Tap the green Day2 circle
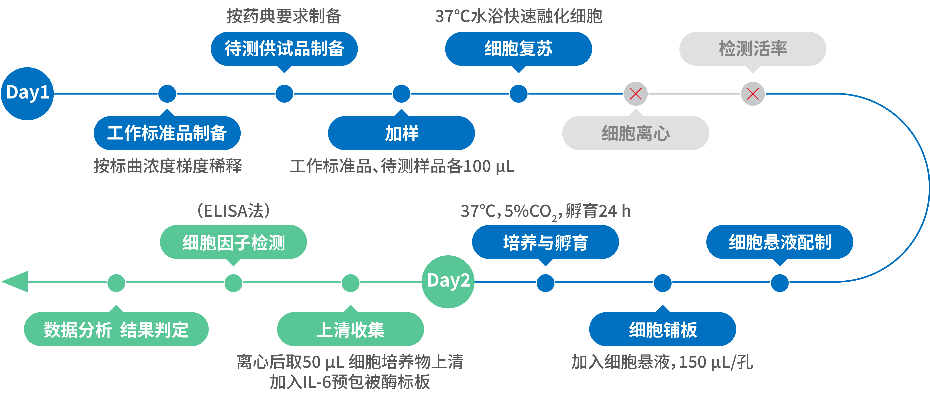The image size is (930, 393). click(448, 282)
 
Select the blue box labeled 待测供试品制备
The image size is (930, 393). click(284, 49)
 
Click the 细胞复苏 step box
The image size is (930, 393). click(518, 49)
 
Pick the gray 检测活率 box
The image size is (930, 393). click(753, 49)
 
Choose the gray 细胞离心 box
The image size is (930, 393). click(635, 133)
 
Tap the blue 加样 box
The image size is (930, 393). click(401, 133)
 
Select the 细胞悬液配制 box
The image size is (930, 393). click(779, 242)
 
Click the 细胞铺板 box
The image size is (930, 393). click(662, 329)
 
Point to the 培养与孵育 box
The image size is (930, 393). click(545, 242)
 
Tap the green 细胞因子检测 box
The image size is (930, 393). click(233, 242)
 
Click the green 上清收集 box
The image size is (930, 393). click(350, 329)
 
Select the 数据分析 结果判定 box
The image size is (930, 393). click(116, 329)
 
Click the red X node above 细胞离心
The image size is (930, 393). click(635, 94)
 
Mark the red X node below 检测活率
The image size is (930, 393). click(753, 94)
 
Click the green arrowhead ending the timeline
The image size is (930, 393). click(16, 282)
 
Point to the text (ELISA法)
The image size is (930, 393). click(233, 211)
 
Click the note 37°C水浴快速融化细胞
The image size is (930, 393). click(518, 16)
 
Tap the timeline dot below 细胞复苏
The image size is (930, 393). click(518, 94)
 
